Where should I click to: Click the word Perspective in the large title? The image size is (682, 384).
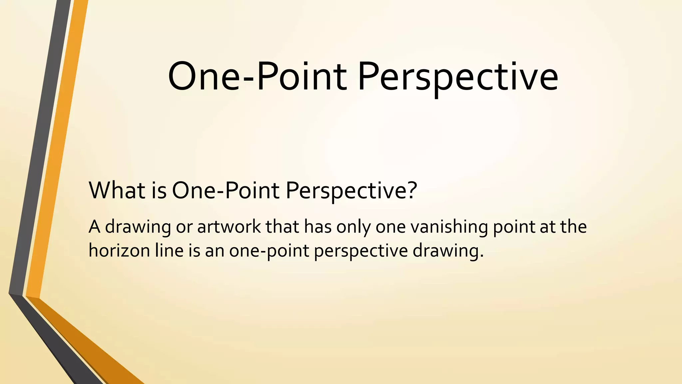pos(458,77)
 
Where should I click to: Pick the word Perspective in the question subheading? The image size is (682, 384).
pos(346,191)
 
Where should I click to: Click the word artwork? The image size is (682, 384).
pos(229,227)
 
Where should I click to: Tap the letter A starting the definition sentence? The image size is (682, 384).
pos(94,227)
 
